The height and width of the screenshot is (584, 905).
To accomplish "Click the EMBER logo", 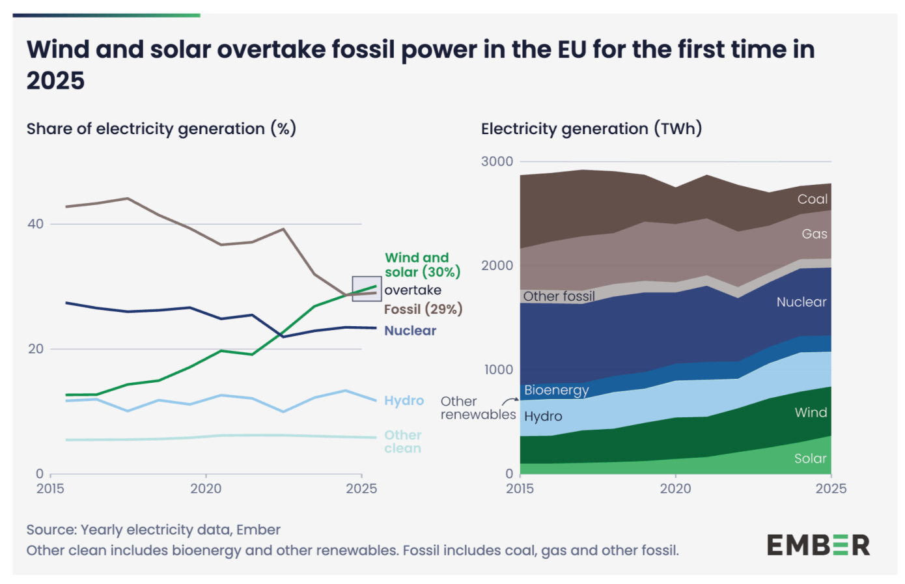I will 818,545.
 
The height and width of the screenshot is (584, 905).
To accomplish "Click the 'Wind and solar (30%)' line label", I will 422,265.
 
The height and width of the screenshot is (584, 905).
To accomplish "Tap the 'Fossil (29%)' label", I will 423,309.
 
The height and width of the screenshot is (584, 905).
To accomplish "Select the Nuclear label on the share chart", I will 410,331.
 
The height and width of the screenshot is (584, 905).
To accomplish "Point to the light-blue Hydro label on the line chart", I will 404,400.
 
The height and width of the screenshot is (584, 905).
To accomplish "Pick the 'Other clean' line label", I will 402,441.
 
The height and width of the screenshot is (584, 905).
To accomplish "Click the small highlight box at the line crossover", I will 367,288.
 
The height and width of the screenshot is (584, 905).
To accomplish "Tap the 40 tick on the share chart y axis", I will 35,224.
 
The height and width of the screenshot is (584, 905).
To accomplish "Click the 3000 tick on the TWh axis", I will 497,161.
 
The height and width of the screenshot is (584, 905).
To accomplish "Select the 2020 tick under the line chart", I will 206,488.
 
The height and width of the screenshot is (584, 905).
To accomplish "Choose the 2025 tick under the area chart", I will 831,488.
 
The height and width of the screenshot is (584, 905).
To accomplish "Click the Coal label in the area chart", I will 812,199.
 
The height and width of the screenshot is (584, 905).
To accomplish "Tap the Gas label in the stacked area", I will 814,234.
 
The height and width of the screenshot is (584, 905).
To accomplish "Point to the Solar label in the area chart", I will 810,458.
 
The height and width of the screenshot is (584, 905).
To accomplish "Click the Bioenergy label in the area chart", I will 556,390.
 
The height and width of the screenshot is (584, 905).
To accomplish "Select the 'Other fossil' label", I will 559,296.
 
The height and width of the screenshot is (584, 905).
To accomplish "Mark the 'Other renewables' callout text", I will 477,408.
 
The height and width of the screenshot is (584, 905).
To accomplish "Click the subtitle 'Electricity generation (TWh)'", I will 591,128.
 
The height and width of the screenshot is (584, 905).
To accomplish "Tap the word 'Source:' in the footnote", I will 51,530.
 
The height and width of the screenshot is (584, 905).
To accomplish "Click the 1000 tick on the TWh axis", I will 498,370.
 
